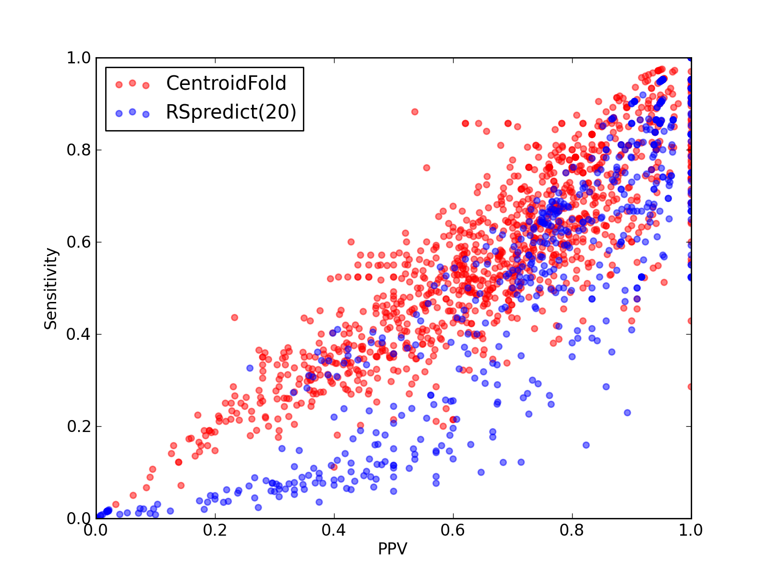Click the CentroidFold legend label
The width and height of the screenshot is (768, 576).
(226, 83)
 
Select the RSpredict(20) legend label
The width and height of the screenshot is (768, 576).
(231, 112)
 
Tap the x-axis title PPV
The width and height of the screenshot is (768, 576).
(393, 549)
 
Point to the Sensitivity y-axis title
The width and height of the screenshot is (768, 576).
(51, 288)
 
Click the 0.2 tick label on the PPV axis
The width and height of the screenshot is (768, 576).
(215, 530)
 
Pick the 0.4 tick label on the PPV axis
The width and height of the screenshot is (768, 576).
(334, 530)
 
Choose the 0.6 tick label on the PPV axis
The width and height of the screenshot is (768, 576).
(453, 530)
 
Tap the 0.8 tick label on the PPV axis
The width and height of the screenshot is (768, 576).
(572, 530)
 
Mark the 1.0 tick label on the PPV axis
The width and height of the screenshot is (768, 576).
(691, 530)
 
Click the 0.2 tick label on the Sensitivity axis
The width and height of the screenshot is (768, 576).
(79, 426)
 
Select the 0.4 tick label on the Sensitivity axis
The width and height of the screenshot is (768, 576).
(79, 335)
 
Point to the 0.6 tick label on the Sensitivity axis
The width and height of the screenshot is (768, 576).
(79, 242)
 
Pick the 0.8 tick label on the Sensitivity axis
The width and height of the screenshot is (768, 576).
(79, 150)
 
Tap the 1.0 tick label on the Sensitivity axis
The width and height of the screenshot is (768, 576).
(79, 58)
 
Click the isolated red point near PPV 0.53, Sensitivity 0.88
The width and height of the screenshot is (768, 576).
(415, 112)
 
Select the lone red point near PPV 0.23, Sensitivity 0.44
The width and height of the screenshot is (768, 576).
(234, 318)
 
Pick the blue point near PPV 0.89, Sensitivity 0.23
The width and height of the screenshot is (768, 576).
(627, 413)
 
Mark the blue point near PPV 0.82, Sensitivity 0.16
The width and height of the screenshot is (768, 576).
(586, 445)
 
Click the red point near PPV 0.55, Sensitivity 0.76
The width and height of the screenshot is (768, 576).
(427, 168)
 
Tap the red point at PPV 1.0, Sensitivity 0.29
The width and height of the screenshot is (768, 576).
(690, 387)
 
